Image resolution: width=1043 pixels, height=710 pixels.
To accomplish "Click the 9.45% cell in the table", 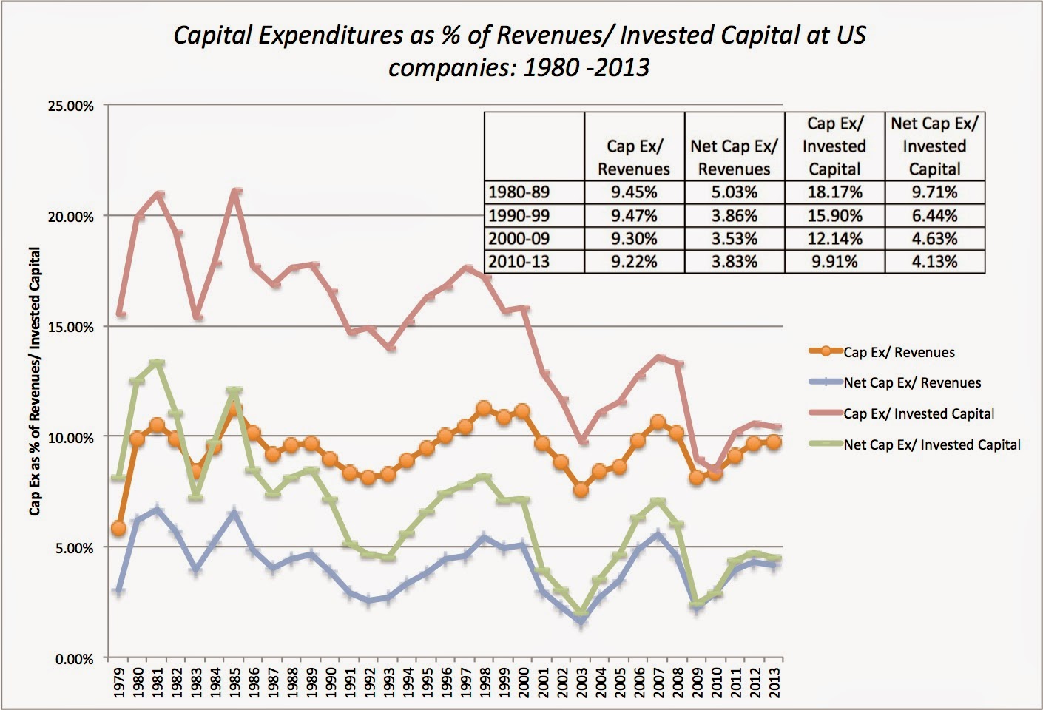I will tap(634, 192).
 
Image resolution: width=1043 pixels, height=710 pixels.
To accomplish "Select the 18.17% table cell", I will tap(834, 192).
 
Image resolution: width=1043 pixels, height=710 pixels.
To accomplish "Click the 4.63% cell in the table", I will tap(934, 238).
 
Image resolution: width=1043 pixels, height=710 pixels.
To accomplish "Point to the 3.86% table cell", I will tap(734, 215).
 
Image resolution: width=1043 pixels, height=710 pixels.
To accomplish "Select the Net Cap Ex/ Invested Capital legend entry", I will tap(931, 444).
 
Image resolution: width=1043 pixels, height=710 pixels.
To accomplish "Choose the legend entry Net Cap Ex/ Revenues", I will tap(912, 382).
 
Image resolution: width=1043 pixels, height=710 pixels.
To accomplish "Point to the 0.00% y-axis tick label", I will tap(72, 659).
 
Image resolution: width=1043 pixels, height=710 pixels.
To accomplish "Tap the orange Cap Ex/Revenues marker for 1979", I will tap(118, 528).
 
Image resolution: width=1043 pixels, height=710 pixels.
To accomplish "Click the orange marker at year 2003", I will tap(581, 490).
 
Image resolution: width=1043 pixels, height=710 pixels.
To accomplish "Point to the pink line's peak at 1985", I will tap(234, 192).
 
